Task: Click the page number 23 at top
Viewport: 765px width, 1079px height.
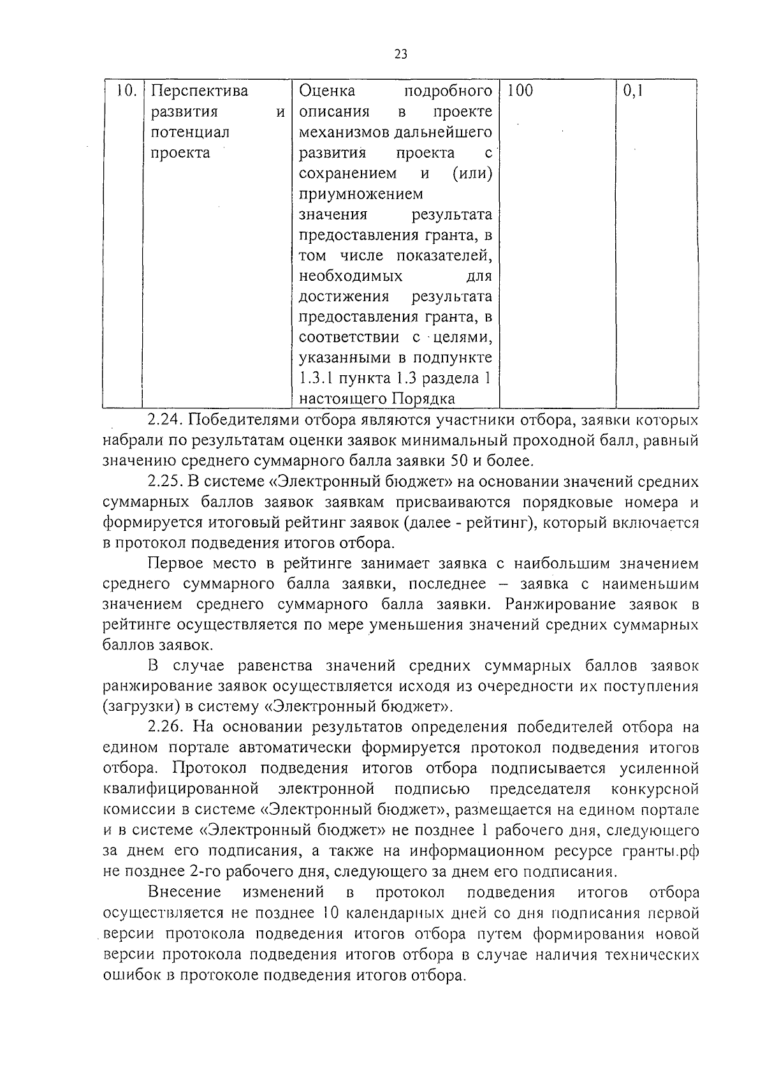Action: tap(400, 54)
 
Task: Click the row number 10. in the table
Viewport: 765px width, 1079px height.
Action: tap(127, 91)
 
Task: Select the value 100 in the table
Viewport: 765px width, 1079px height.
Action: tap(520, 91)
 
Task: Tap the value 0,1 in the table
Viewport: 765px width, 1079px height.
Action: tap(633, 91)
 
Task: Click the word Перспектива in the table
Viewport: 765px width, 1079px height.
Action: tap(200, 91)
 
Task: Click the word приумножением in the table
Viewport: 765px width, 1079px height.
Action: tap(361, 194)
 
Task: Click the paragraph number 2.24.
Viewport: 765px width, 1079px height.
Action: tap(164, 420)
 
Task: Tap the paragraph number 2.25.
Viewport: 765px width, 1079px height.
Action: tap(164, 482)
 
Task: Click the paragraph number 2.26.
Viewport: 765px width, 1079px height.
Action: tap(164, 727)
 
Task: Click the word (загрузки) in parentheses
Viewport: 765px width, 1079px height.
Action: tap(135, 707)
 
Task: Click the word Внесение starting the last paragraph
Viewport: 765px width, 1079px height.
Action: tap(184, 892)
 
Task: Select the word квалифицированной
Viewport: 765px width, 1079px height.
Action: tap(181, 789)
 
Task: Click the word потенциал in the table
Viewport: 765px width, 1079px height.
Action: tap(190, 133)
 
